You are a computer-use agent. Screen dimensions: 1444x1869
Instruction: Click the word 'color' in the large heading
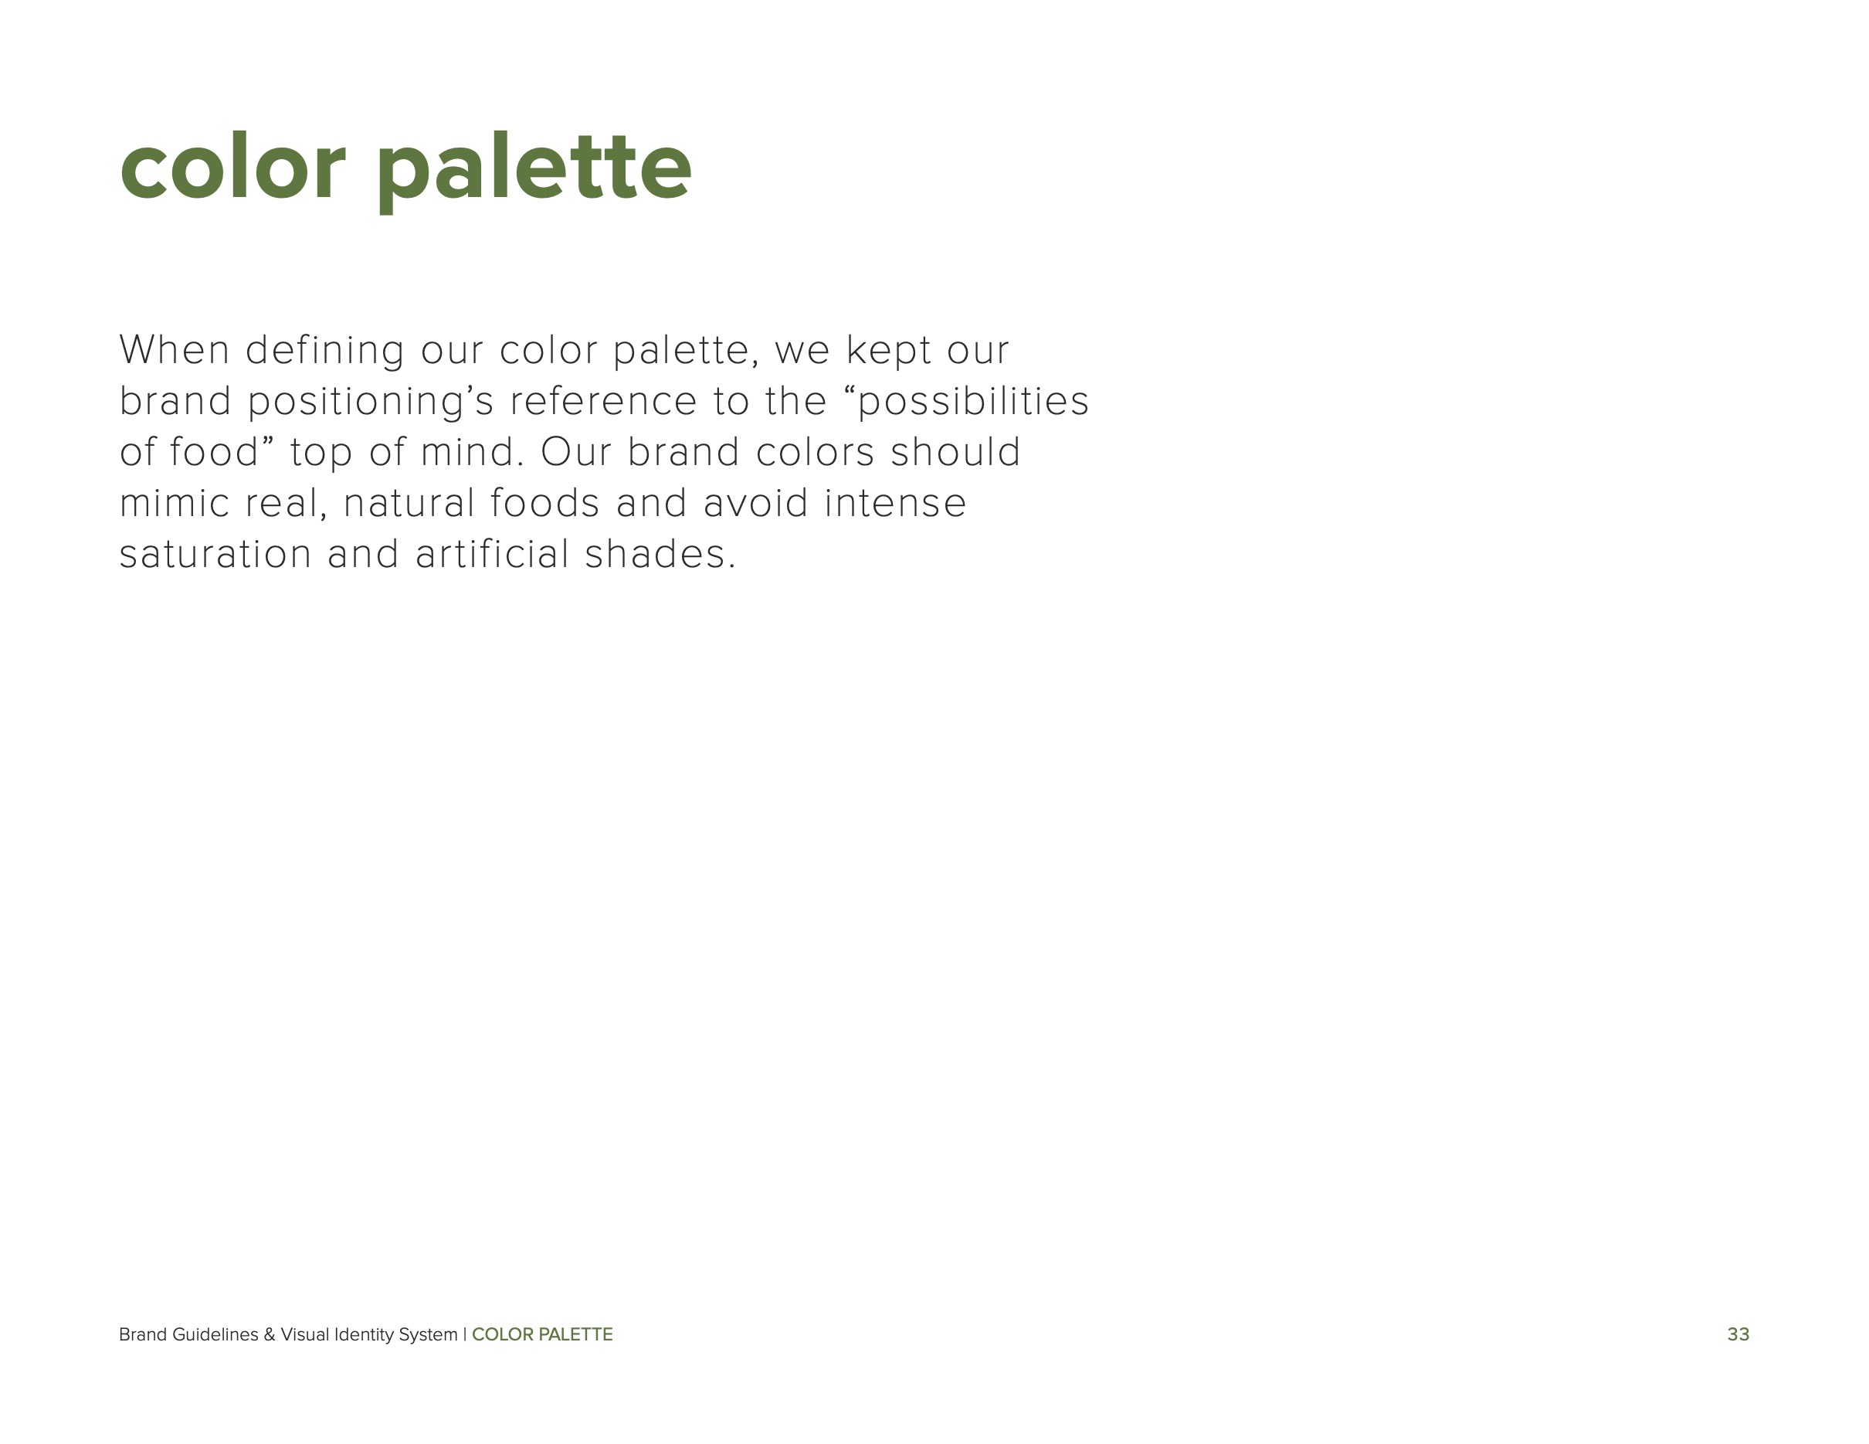click(232, 168)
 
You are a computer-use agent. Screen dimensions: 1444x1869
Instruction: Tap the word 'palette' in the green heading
click(533, 168)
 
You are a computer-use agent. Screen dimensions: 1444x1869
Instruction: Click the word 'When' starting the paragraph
click(175, 350)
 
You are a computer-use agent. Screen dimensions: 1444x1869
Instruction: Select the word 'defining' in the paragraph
click(324, 350)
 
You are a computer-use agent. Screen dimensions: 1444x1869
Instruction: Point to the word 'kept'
click(888, 350)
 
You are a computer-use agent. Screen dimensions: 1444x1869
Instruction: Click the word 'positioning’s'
click(371, 402)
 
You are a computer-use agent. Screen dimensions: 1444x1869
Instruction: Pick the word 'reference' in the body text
click(603, 402)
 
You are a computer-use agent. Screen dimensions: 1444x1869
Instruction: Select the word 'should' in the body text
click(955, 452)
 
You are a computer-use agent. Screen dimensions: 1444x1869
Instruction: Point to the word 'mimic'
click(175, 503)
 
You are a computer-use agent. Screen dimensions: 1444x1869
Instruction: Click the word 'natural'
click(409, 503)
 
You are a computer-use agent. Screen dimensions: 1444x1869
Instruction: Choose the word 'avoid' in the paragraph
click(755, 503)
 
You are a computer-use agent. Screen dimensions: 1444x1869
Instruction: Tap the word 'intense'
click(895, 503)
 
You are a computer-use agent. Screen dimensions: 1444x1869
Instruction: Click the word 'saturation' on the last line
click(215, 555)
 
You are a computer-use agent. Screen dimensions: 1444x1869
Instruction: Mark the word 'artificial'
click(492, 555)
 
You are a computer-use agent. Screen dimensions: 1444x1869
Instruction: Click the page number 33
click(1738, 1334)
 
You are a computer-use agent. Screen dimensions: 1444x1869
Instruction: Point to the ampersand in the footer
click(269, 1334)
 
